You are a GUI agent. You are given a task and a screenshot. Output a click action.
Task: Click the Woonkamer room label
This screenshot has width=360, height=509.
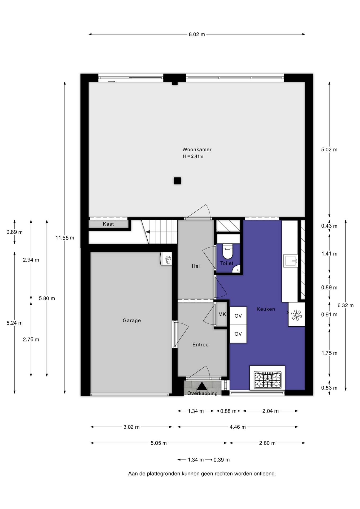pyautogui.click(x=197, y=150)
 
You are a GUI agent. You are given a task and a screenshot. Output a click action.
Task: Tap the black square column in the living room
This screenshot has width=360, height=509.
pyautogui.click(x=177, y=181)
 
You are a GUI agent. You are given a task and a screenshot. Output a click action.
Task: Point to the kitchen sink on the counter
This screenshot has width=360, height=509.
pyautogui.click(x=291, y=261)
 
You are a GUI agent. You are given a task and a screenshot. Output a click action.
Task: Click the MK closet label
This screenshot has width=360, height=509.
pyautogui.click(x=222, y=314)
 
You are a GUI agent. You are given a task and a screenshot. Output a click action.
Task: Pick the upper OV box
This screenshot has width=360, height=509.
pyautogui.click(x=238, y=316)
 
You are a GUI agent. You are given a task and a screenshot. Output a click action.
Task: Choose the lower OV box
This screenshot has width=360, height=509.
pyautogui.click(x=238, y=334)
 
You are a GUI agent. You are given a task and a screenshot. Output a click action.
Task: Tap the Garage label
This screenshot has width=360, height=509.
pyautogui.click(x=132, y=321)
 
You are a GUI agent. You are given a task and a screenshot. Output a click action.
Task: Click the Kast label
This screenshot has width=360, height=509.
pyautogui.click(x=108, y=224)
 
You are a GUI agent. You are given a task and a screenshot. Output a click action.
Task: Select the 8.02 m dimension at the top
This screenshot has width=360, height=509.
pyautogui.click(x=197, y=34)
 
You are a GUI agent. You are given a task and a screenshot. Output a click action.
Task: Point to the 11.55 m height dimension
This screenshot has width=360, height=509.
pyautogui.click(x=65, y=238)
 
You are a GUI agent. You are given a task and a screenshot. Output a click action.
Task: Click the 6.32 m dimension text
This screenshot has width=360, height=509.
pyautogui.click(x=345, y=305)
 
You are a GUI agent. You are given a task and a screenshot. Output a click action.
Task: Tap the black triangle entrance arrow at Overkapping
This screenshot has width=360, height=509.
pyautogui.click(x=202, y=386)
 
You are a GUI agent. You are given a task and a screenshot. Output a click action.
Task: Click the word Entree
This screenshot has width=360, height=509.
pyautogui.click(x=200, y=345)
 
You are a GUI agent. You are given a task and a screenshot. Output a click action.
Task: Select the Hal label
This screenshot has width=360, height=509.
pyautogui.click(x=196, y=266)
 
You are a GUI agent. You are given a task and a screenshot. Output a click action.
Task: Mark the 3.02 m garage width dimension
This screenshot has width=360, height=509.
pyautogui.click(x=131, y=427)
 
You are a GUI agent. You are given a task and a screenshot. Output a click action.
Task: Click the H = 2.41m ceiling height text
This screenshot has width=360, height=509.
pyautogui.click(x=193, y=156)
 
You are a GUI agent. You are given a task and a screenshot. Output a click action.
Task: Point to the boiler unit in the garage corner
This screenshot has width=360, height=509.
pyautogui.click(x=166, y=259)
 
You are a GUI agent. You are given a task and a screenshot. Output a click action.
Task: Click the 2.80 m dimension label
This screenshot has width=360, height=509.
pyautogui.click(x=267, y=443)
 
